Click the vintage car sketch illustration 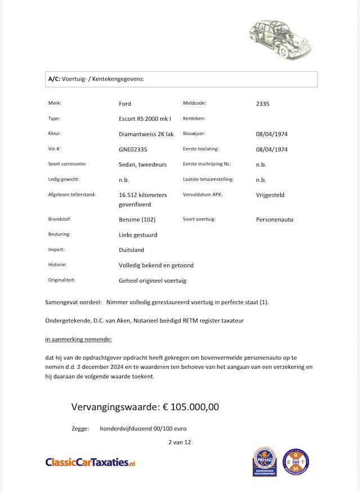pyautogui.click(x=280, y=39)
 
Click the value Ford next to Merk pyautogui.click(x=125, y=103)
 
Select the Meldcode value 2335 pyautogui.click(x=263, y=103)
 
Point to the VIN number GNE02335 pyautogui.click(x=133, y=150)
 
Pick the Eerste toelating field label pyautogui.click(x=200, y=150)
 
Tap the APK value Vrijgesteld pyautogui.click(x=270, y=195)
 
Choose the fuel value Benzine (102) pyautogui.click(x=137, y=219)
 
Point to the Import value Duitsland pyautogui.click(x=132, y=250)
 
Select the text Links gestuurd pyautogui.click(x=138, y=234)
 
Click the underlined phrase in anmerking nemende pyautogui.click(x=78, y=339)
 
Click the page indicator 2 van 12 pyautogui.click(x=179, y=442)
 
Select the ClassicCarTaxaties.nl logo pyautogui.click(x=91, y=462)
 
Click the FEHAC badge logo pyautogui.click(x=264, y=462)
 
